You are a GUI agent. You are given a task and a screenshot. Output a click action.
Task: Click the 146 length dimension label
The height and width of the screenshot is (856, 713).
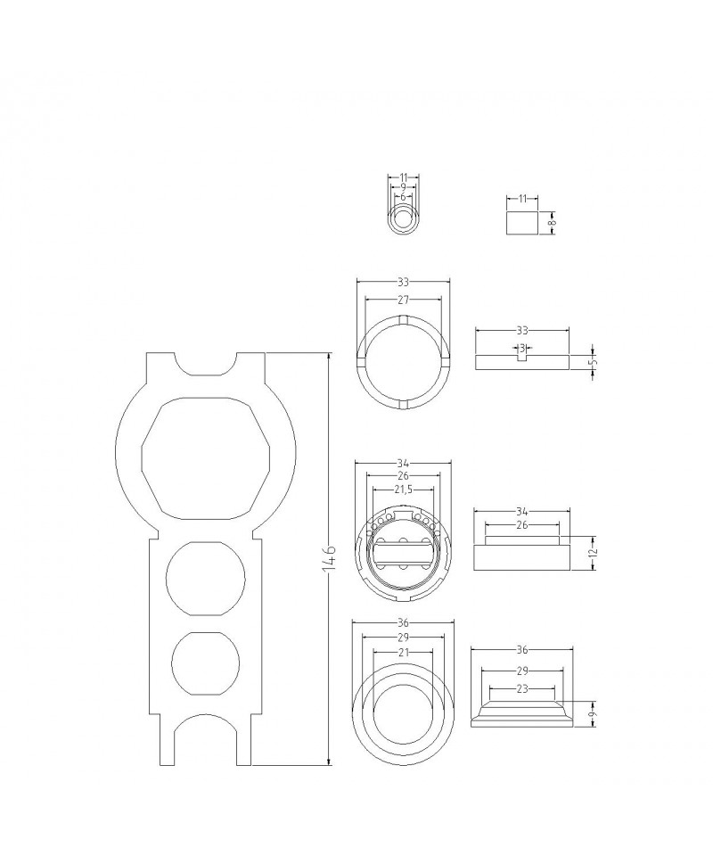(330, 558)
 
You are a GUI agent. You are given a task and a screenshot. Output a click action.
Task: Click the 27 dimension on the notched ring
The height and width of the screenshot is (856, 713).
(403, 300)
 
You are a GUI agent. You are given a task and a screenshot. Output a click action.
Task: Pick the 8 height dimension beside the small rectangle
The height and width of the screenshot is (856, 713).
(552, 222)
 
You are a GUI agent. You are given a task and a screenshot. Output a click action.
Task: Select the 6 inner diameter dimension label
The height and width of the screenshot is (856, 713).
(403, 196)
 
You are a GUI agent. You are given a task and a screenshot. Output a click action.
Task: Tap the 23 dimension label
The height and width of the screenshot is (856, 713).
(522, 689)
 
